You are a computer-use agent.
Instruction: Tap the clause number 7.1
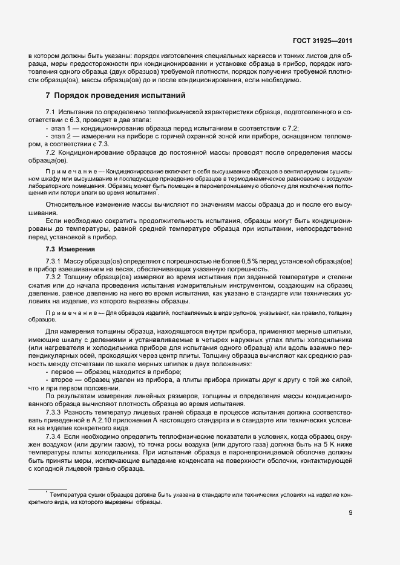tap(51, 113)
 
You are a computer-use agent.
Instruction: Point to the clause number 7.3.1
tap(54, 261)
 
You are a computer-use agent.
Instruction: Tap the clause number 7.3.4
tap(54, 435)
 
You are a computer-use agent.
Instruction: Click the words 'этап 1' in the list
tap(63, 129)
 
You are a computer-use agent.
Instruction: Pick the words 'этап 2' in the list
tap(63, 137)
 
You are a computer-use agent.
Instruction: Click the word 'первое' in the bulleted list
tap(63, 373)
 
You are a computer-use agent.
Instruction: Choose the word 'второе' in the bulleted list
tap(63, 381)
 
